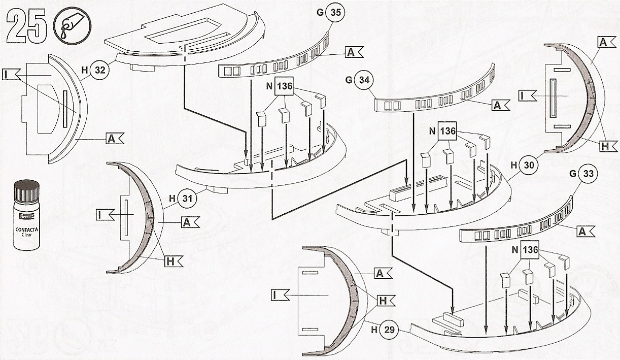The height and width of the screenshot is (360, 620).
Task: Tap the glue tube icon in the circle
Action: tap(72, 26)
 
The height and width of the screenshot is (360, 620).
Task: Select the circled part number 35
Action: tap(335, 13)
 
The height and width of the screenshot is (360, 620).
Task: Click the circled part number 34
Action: tap(364, 80)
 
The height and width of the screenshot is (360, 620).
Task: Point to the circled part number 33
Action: tap(589, 174)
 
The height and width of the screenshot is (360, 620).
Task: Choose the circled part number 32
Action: tap(99, 71)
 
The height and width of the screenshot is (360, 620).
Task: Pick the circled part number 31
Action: tap(187, 199)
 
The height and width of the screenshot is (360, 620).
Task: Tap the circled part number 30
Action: tap(529, 166)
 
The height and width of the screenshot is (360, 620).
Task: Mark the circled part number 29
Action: tap(389, 330)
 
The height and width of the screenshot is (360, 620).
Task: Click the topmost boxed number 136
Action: tap(284, 86)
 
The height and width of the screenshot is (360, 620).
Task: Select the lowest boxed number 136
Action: tap(530, 250)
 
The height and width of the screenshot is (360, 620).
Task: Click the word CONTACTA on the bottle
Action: tap(26, 230)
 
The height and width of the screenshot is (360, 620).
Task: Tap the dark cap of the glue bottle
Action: tap(26, 191)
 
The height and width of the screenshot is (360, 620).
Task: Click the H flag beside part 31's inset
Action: tap(173, 261)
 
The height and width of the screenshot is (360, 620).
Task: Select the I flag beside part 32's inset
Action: tap(9, 75)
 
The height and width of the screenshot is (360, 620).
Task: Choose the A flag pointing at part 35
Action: tap(354, 52)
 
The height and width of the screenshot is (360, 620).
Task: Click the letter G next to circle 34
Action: tap(349, 80)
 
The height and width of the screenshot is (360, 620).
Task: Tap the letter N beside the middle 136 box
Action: tap(433, 131)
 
